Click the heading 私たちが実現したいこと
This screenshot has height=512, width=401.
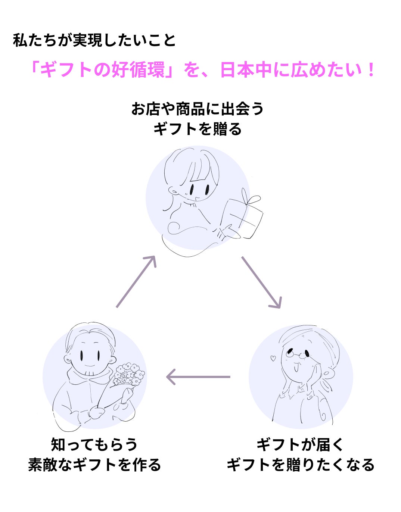[94, 41]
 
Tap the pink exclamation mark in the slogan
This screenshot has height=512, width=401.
[370, 70]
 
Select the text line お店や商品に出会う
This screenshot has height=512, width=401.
[198, 109]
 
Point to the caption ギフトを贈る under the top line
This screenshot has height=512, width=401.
[198, 129]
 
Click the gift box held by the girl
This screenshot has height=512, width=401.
[242, 218]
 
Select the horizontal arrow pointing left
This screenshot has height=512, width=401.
[198, 377]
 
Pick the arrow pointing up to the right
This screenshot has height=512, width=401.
[136, 281]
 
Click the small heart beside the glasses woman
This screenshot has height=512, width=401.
[273, 359]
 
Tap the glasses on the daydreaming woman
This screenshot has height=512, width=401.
[298, 353]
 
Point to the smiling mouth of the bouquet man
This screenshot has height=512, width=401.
[90, 365]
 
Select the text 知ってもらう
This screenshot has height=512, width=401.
[94, 444]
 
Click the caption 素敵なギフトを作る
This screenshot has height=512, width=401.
[94, 465]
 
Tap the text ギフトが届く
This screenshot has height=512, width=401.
[300, 444]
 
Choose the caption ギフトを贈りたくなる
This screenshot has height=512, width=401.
[301, 465]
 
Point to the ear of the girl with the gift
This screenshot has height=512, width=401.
[174, 191]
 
